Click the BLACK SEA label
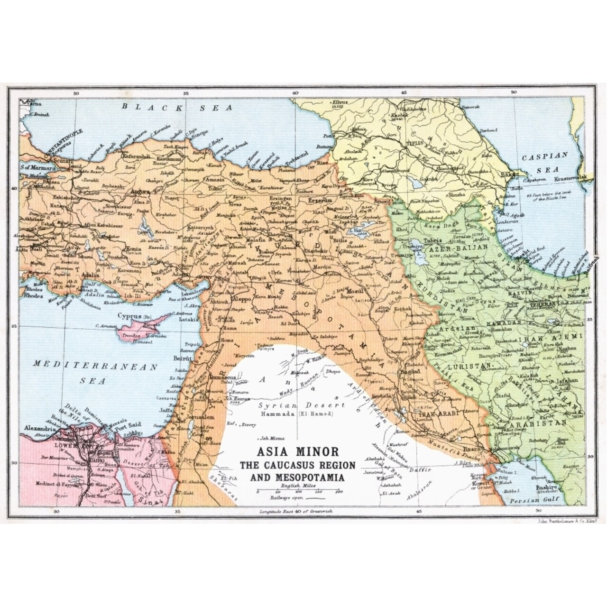tap(178, 107)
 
